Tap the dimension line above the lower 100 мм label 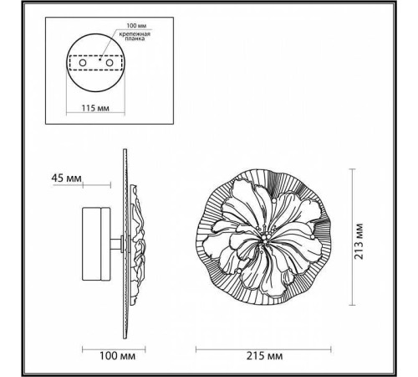point(104,346)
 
